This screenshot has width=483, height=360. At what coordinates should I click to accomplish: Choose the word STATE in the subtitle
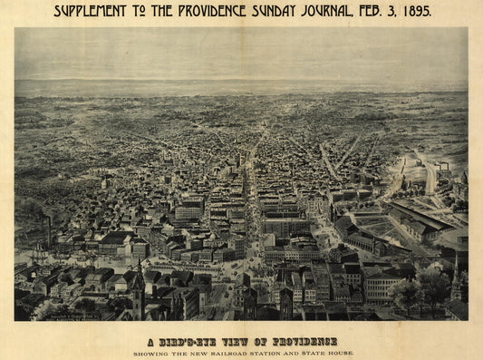click(x=305, y=353)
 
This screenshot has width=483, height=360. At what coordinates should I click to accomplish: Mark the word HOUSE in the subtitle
click(x=338, y=353)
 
